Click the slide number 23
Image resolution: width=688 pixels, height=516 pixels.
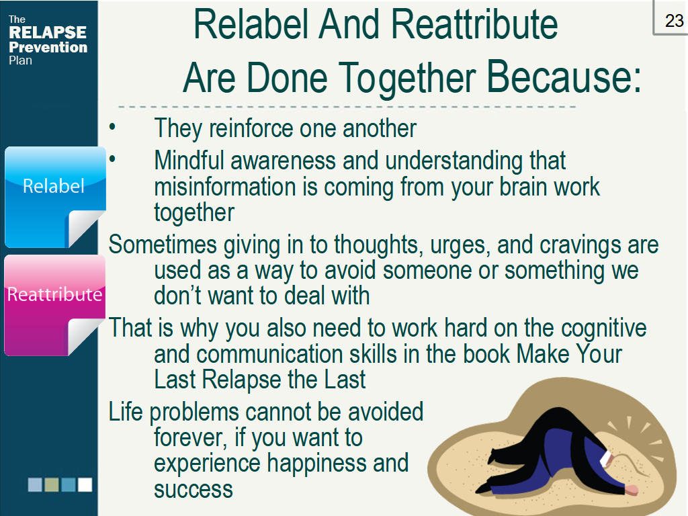(x=674, y=20)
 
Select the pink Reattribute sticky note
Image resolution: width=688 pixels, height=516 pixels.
(x=54, y=302)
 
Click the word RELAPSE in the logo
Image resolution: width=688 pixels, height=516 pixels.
(x=48, y=33)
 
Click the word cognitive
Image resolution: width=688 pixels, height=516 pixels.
(x=603, y=328)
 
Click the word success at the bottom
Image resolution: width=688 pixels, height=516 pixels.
(x=193, y=489)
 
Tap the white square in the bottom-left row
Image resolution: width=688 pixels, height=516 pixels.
(x=85, y=484)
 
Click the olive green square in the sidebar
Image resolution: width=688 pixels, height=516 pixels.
(x=52, y=484)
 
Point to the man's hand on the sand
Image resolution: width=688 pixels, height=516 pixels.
(x=632, y=490)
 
